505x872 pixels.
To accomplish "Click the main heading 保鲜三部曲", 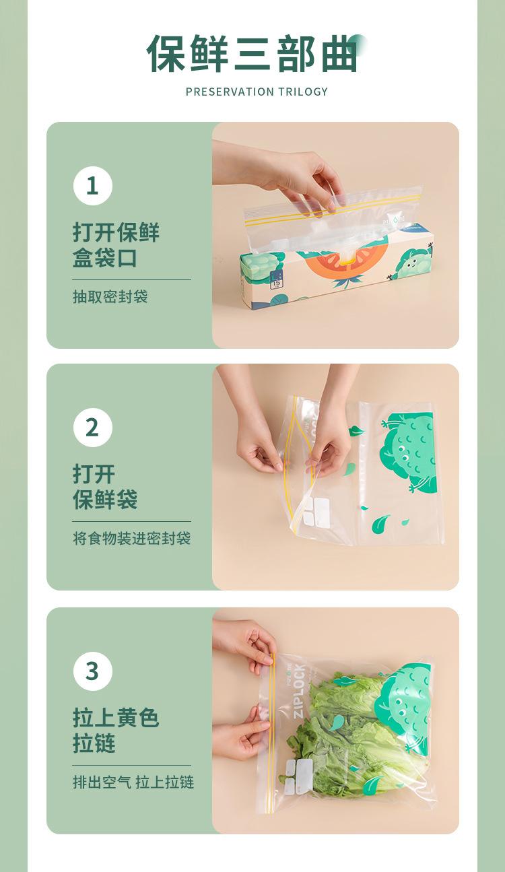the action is (x=252, y=53).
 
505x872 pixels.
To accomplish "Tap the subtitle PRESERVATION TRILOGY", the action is (x=257, y=92).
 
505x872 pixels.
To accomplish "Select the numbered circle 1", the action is (x=93, y=186).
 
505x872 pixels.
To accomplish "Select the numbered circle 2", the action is (x=93, y=428).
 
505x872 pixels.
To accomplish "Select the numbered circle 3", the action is (x=93, y=671).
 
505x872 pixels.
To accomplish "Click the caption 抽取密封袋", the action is (x=110, y=297).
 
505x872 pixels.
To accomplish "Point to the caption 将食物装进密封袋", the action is (x=131, y=539).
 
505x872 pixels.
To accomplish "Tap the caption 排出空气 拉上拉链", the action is (x=133, y=782).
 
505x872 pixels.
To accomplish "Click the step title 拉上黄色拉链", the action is (x=116, y=731).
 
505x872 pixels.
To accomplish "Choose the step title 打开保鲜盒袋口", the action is (x=116, y=245).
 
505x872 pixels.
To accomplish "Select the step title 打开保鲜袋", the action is (x=105, y=487).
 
